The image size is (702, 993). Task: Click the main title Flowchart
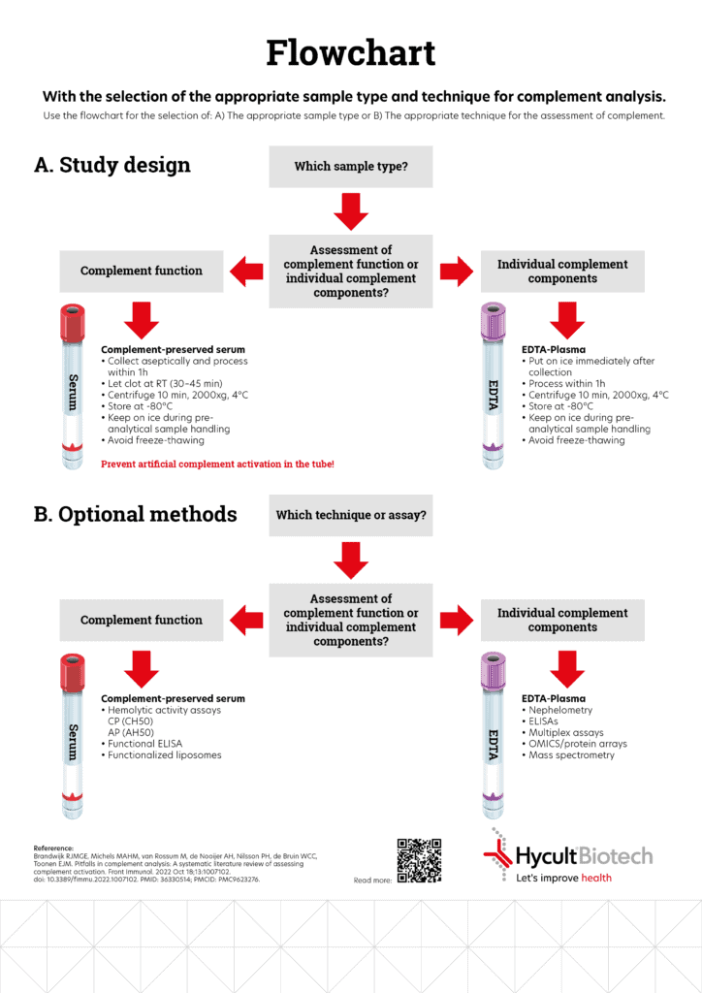click(x=351, y=52)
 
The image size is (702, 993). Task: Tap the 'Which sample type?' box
click(x=351, y=167)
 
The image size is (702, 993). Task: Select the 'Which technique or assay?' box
click(x=351, y=516)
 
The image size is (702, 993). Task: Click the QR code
click(x=419, y=861)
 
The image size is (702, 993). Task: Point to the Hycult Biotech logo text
click(x=584, y=856)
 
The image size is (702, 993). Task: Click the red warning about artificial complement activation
click(x=218, y=464)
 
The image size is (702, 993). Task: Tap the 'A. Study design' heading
click(x=112, y=165)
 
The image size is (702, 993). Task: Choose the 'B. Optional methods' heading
click(x=135, y=514)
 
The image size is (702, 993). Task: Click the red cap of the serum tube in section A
click(x=72, y=323)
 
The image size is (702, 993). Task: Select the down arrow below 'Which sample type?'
click(x=351, y=211)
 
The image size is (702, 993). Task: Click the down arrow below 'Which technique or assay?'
click(x=351, y=561)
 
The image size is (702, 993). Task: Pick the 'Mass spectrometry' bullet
click(x=568, y=754)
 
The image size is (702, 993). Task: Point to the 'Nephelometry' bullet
click(x=557, y=710)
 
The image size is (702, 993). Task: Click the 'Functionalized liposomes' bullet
click(x=161, y=754)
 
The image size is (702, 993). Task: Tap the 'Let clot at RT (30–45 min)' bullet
click(x=161, y=384)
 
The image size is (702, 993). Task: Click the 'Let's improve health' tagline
click(x=563, y=878)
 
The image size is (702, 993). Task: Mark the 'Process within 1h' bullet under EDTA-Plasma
click(x=563, y=384)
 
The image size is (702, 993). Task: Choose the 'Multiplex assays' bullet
click(x=562, y=733)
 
